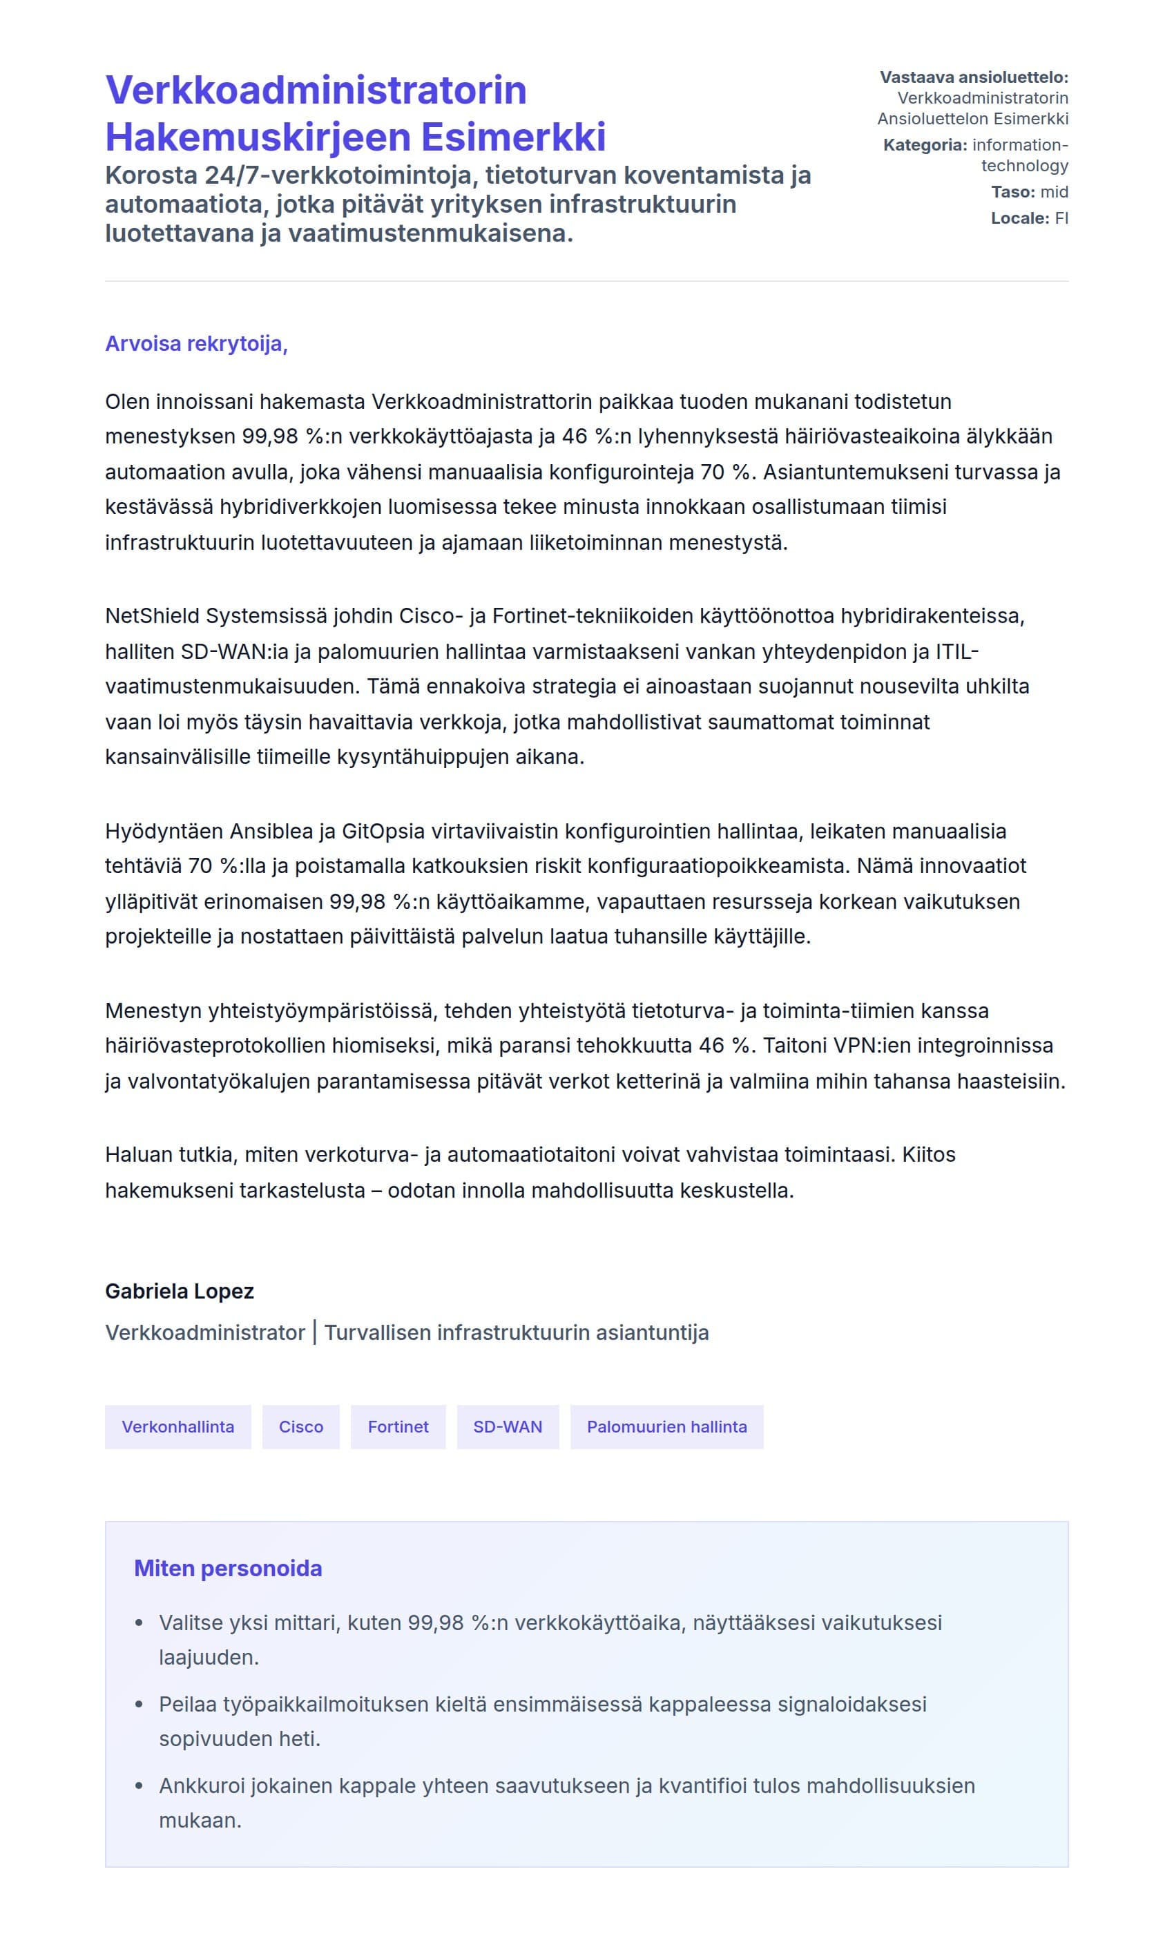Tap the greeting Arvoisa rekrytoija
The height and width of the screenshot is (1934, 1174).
(x=196, y=344)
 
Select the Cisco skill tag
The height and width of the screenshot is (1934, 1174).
(x=300, y=1426)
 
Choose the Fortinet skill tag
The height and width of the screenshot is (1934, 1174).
(x=398, y=1426)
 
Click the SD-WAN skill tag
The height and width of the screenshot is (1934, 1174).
(x=507, y=1426)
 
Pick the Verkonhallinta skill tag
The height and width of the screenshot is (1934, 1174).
(x=177, y=1426)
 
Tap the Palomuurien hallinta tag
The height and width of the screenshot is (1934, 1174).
(x=666, y=1426)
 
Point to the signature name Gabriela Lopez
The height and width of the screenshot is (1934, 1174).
(x=180, y=1291)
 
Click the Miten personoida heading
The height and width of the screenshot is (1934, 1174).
(x=228, y=1568)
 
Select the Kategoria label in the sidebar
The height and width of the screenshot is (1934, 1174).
(x=925, y=144)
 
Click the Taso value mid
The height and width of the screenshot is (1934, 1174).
(x=1054, y=191)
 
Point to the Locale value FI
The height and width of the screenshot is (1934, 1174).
(x=1061, y=218)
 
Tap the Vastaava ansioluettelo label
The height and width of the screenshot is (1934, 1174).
(x=973, y=77)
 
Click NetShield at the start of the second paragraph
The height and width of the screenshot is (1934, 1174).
(x=152, y=615)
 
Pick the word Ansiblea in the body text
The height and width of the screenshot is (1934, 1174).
(x=271, y=830)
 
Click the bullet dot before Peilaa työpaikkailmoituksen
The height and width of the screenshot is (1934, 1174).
(x=139, y=1704)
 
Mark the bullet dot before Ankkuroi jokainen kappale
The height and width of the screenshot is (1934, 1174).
(x=139, y=1785)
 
